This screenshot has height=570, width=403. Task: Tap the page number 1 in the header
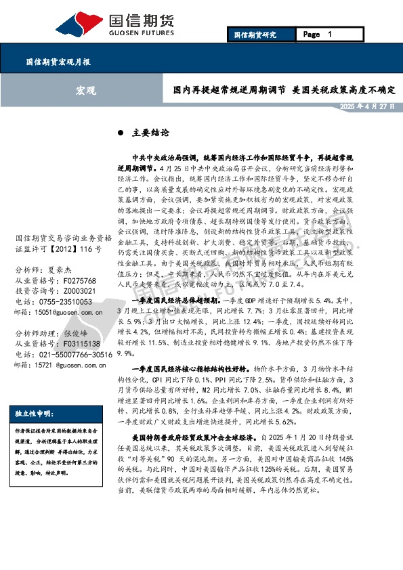coord(329,35)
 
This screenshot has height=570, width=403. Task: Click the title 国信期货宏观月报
coord(58,61)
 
